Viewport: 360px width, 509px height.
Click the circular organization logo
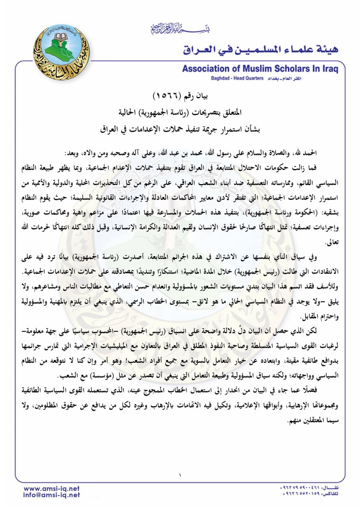(61, 52)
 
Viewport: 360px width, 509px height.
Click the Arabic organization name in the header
(261, 49)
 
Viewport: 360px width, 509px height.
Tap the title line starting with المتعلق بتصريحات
(180, 112)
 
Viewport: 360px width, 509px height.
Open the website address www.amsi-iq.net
(52, 488)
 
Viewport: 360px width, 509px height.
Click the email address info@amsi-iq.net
(52, 495)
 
